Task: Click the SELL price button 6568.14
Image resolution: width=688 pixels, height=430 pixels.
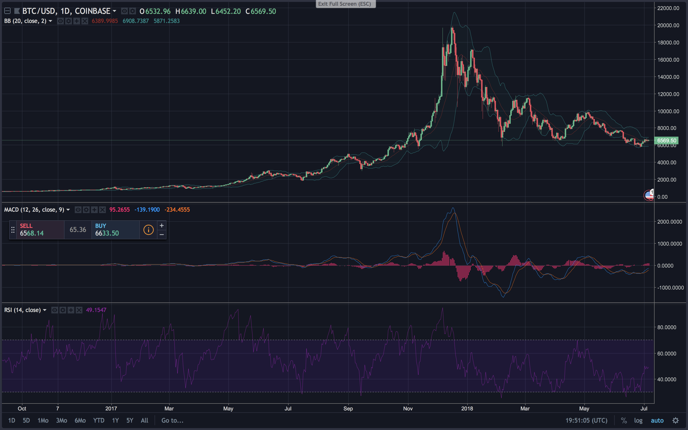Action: [x=40, y=230]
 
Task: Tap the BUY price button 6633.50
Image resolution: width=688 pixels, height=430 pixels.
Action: [x=115, y=230]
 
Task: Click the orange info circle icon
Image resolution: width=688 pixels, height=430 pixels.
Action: [x=148, y=230]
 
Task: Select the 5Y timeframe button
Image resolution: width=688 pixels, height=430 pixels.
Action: [x=130, y=420]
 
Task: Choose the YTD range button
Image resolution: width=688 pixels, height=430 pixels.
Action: [x=99, y=420]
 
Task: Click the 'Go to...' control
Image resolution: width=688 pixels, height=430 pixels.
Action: [x=172, y=420]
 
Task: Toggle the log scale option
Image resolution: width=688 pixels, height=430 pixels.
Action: [x=638, y=420]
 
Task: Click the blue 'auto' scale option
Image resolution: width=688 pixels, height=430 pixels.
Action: [x=657, y=420]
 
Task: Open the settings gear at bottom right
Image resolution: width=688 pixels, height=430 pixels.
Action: [x=676, y=420]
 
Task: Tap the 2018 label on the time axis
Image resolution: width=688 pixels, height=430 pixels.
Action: [x=467, y=408]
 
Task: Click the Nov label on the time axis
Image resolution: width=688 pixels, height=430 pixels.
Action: [x=408, y=408]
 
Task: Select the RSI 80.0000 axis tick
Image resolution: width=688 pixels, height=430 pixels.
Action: [x=667, y=327]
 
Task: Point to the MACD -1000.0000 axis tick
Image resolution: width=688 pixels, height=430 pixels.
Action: [x=670, y=288]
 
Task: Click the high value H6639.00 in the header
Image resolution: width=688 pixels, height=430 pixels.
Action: [x=191, y=11]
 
